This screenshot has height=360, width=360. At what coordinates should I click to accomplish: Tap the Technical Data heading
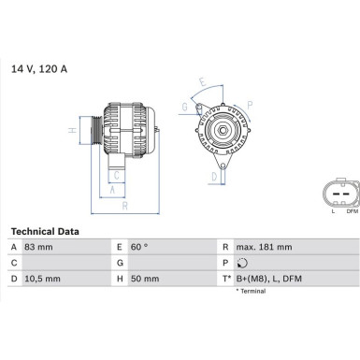pos(45,231)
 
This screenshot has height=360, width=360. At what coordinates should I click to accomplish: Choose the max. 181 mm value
pos(265,247)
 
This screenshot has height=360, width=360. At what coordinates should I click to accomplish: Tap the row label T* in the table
pos(225,278)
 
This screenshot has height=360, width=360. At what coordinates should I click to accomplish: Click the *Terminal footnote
pos(247,291)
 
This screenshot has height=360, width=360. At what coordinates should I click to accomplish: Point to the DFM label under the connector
pos(352,211)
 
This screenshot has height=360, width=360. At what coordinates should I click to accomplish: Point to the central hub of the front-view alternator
pos(224,130)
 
